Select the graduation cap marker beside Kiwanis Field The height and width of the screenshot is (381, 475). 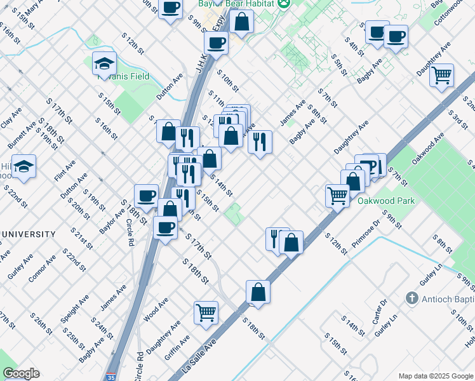pyautogui.click(x=104, y=63)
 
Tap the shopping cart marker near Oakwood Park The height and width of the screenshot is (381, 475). pyautogui.click(x=337, y=195)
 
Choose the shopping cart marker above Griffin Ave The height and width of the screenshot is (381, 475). pyautogui.click(x=206, y=312)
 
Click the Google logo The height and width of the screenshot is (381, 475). pyautogui.click(x=21, y=373)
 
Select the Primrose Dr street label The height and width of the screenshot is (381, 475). pyautogui.click(x=367, y=231)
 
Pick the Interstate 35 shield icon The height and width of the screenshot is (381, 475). pyautogui.click(x=112, y=376)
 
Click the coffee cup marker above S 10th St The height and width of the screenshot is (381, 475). pyautogui.click(x=216, y=43)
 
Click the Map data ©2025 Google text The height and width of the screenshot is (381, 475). pyautogui.click(x=435, y=375)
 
